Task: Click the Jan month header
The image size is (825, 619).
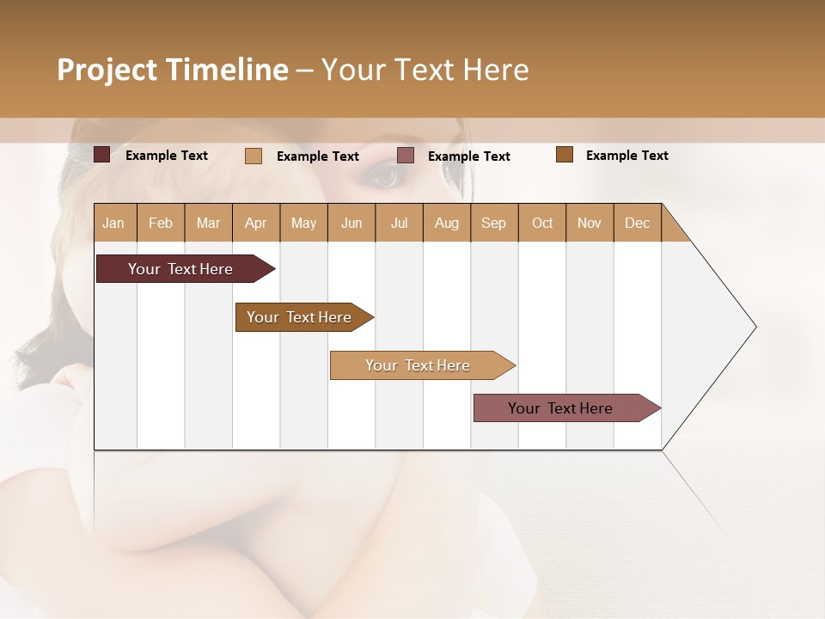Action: [113, 223]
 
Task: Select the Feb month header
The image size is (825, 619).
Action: [161, 223]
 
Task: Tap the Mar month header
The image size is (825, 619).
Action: [208, 223]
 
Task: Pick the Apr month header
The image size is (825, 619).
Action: [255, 223]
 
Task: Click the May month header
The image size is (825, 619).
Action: [303, 223]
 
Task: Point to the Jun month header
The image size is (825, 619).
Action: [351, 223]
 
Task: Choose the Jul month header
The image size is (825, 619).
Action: [399, 223]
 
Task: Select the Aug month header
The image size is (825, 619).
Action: [446, 223]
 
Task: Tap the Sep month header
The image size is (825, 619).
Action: [493, 223]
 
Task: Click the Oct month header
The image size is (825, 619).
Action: [542, 223]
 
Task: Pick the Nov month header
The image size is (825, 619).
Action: [590, 223]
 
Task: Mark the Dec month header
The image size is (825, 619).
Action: [637, 223]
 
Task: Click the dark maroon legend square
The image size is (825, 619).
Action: [101, 155]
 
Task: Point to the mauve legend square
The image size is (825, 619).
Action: [406, 156]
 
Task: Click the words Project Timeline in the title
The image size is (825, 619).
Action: [173, 70]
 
